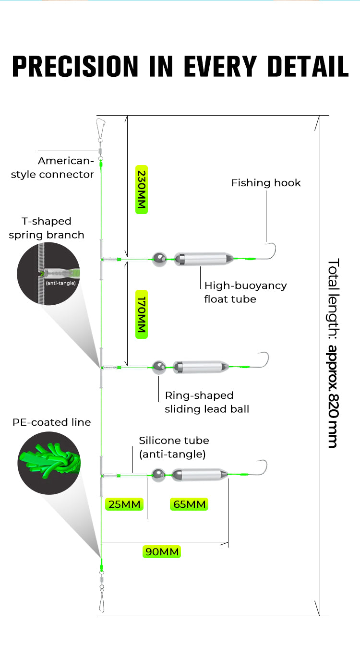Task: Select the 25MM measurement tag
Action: [x=125, y=504]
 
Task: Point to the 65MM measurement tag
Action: [x=189, y=504]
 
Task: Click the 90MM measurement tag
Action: [x=162, y=551]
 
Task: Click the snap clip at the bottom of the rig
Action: [x=101, y=602]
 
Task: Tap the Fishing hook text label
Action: [x=266, y=183]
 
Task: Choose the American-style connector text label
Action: [x=52, y=167]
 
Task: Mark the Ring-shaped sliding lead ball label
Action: [x=207, y=402]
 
